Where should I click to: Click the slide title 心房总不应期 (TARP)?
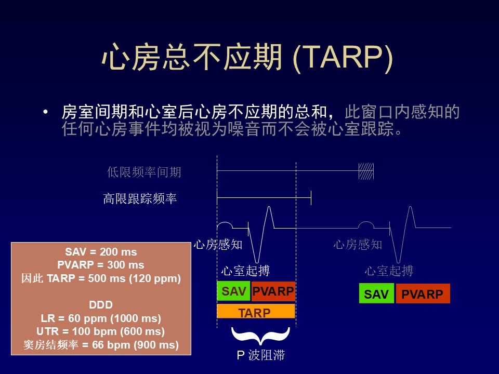click(247, 57)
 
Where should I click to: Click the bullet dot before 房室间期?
click(46, 112)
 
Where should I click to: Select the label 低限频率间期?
click(144, 172)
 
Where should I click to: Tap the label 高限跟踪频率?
click(140, 198)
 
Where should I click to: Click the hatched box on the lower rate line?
click(366, 171)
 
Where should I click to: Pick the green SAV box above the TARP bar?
click(233, 291)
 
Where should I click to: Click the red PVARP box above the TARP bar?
click(273, 291)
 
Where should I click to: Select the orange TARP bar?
click(256, 311)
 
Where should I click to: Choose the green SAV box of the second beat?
click(376, 293)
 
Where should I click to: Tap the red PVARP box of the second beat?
click(423, 293)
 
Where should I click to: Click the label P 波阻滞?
click(260, 355)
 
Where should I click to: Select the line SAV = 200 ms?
click(101, 252)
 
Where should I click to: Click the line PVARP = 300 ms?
click(100, 265)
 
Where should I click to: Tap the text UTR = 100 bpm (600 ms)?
click(100, 331)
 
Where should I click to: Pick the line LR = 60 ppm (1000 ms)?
click(101, 318)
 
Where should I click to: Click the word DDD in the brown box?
click(101, 305)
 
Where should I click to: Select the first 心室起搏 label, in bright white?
click(245, 271)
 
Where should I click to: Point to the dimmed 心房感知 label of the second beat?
click(358, 245)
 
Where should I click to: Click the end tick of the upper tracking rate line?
click(311, 198)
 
